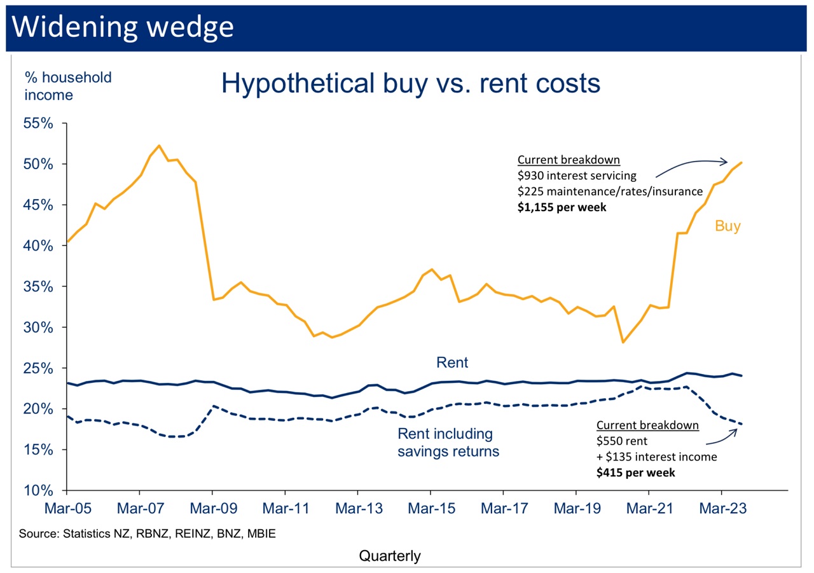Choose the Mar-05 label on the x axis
pyautogui.click(x=66, y=510)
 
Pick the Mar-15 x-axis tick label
pyautogui.click(x=431, y=510)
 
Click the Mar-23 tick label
pyautogui.click(x=721, y=510)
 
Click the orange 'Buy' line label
pyautogui.click(x=728, y=226)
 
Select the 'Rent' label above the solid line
pyautogui.click(x=452, y=363)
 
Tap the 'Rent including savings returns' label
pyautogui.click(x=448, y=443)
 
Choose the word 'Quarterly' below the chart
pyautogui.click(x=390, y=556)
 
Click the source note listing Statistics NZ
pyautogui.click(x=148, y=533)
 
